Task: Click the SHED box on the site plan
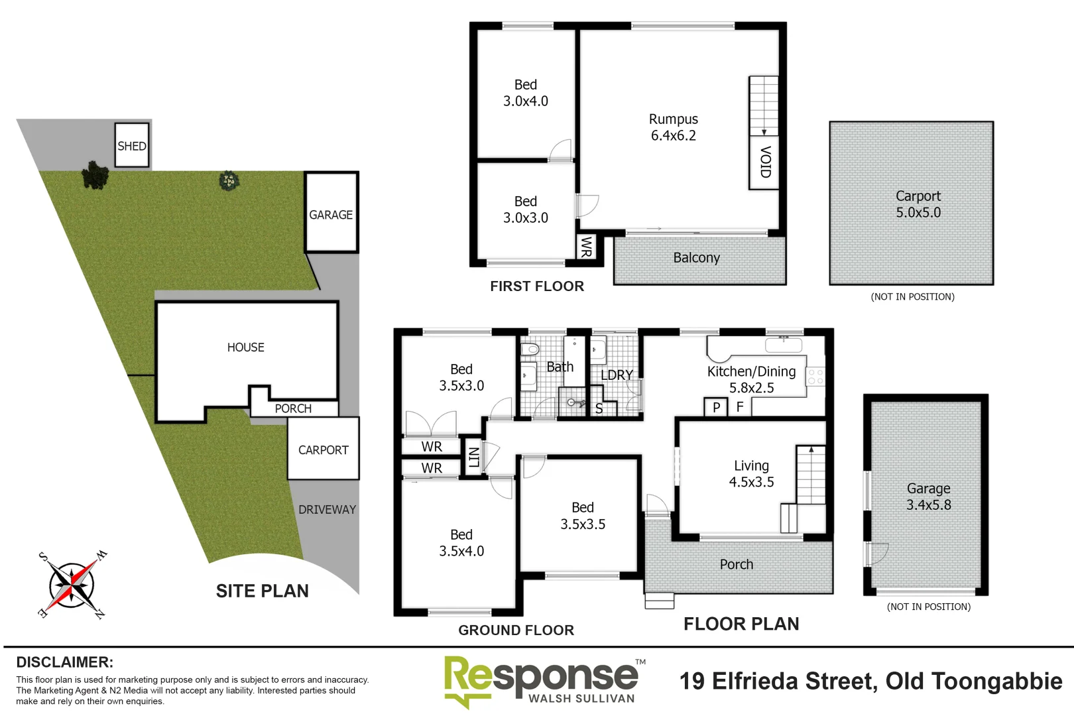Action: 132,146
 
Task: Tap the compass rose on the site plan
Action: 72,585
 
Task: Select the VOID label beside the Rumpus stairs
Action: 764,162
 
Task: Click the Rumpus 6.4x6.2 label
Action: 673,127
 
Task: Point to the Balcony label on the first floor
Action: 696,258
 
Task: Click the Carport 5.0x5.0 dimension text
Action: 918,213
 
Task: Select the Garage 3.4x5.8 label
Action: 928,497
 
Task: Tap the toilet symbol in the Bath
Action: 530,349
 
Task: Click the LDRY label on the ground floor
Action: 617,375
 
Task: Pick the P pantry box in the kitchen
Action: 716,407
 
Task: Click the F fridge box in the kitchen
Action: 740,407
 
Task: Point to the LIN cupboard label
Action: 473,457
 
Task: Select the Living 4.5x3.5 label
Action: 751,474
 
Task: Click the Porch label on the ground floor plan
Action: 737,564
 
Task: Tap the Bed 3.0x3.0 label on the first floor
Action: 525,209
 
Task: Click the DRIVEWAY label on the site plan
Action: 327,510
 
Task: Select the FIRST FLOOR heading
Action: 537,286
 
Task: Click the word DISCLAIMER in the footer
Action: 64,662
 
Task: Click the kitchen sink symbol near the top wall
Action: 783,344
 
